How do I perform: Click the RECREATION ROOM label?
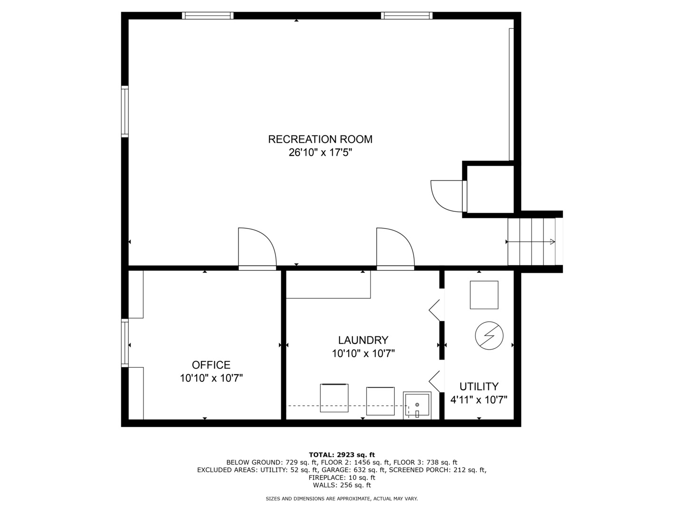click(x=320, y=139)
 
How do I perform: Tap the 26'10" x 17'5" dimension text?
click(x=320, y=153)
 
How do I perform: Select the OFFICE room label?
click(x=211, y=365)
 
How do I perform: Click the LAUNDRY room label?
click(x=363, y=340)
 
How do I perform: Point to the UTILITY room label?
click(x=479, y=386)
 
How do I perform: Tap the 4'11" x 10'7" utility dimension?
click(x=479, y=400)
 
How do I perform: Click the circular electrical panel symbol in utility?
click(x=489, y=336)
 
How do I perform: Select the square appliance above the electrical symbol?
click(x=484, y=295)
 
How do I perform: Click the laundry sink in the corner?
click(x=417, y=405)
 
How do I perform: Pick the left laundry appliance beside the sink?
click(x=334, y=398)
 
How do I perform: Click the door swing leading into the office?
click(x=256, y=248)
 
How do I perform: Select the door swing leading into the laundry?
click(x=395, y=248)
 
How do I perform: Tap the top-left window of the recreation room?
click(x=208, y=16)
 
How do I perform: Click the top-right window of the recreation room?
click(x=407, y=16)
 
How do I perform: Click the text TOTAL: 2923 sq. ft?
click(x=342, y=455)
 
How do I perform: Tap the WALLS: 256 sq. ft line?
click(x=342, y=485)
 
